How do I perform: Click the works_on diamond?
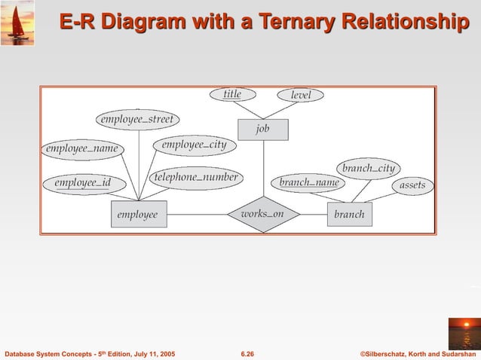click(263, 215)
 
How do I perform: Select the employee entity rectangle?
click(138, 215)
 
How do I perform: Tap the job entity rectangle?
click(262, 130)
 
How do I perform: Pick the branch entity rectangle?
click(349, 215)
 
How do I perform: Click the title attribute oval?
click(232, 95)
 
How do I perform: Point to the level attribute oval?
click(301, 96)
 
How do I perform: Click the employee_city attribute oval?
click(194, 145)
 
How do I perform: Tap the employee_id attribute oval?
click(82, 182)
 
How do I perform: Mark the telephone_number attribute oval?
click(196, 178)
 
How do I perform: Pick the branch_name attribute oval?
click(309, 182)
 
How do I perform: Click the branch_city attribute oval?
click(368, 168)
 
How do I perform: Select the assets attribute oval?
click(412, 185)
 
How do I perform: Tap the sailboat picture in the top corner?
click(17, 23)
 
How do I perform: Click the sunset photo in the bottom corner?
click(464, 333)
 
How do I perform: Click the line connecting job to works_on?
click(263, 169)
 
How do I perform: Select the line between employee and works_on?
click(198, 215)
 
